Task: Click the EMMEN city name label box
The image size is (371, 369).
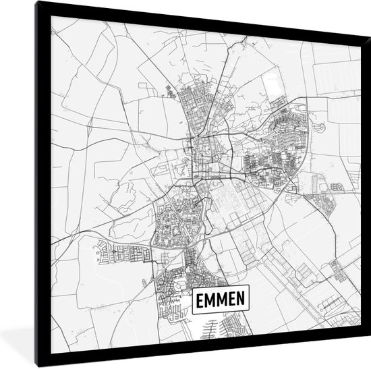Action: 221,298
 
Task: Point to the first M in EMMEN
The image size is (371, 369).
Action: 210,298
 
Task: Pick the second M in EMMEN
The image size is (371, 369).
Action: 221,298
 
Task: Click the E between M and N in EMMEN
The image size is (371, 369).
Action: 231,298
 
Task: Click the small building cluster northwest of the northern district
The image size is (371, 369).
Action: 169,91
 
